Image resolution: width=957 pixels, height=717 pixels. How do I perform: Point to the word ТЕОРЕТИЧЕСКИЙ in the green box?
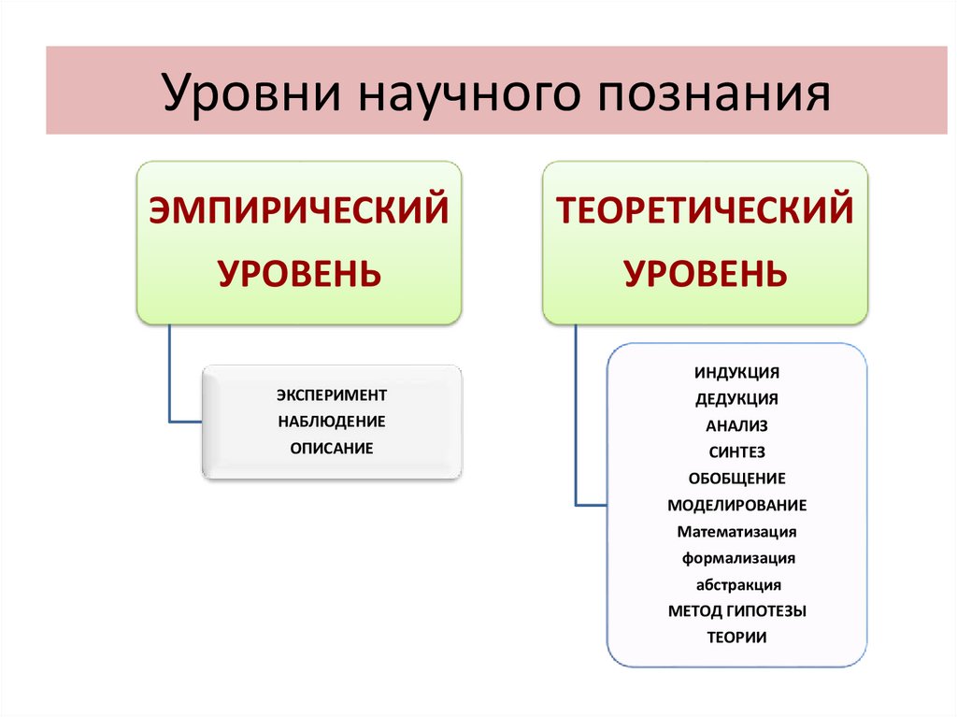706,209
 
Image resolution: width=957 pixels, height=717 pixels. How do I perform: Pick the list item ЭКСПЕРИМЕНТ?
332,394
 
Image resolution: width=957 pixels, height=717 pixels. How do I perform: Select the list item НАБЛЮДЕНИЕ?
332,422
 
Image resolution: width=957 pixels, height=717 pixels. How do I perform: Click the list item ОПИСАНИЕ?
332,449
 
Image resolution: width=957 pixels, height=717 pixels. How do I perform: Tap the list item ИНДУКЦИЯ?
736,372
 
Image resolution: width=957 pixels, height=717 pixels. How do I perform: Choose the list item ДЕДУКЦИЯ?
736,399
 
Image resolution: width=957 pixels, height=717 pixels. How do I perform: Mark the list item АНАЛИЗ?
736,425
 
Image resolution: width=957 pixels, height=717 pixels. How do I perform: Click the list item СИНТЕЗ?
736,452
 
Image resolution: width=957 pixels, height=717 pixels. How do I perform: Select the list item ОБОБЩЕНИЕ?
736,479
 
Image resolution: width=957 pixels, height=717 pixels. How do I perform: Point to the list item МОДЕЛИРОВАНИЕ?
736,506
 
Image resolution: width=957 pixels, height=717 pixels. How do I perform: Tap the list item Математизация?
736,532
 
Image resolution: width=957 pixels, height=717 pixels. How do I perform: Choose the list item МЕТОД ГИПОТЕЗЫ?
736,611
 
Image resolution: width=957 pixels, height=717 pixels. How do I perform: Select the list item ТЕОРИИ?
736,638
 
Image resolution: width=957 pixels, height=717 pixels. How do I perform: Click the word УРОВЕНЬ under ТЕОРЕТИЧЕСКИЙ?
706,274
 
